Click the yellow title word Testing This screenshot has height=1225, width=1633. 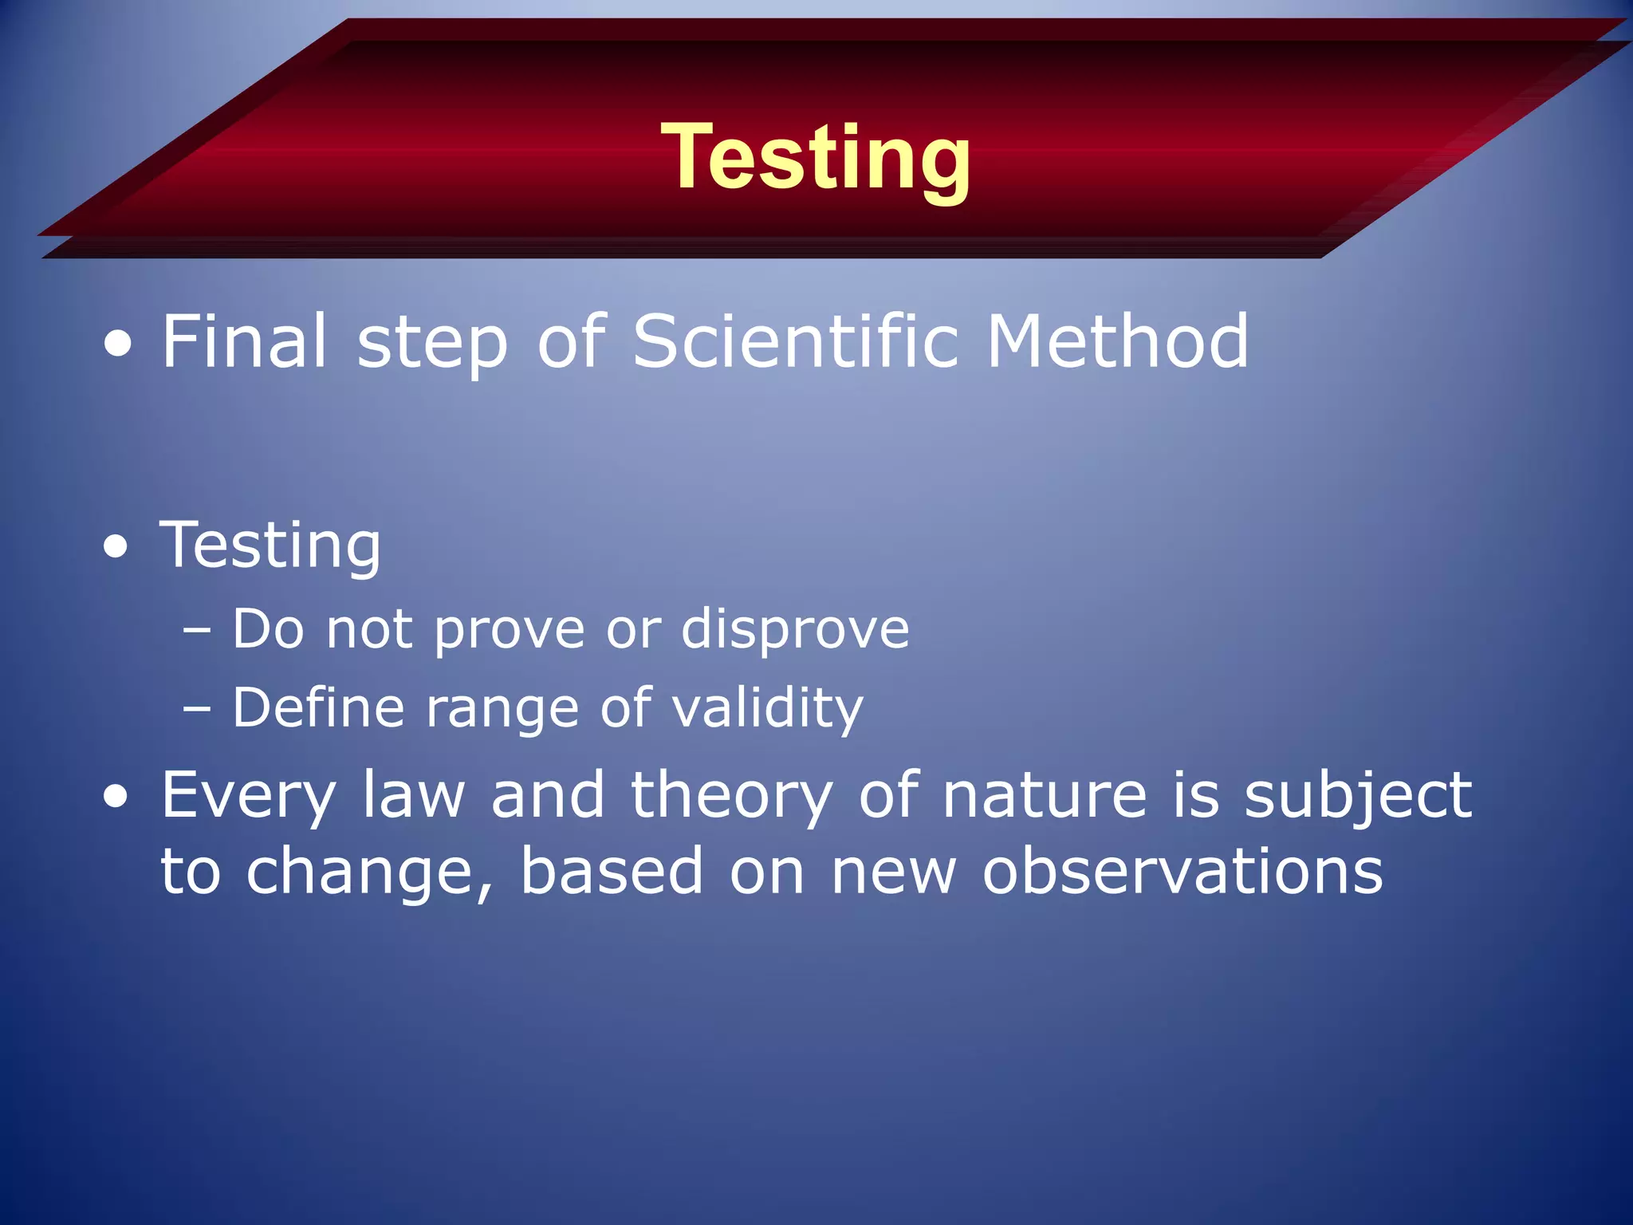(x=815, y=157)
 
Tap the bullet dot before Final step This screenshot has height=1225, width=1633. (x=118, y=345)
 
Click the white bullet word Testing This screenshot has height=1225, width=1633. (x=270, y=546)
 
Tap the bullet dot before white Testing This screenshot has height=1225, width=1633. (x=116, y=547)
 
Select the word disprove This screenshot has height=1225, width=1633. (x=794, y=630)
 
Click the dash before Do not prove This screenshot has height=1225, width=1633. (x=196, y=630)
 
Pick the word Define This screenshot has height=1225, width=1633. (x=318, y=707)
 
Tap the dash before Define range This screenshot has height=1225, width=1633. (x=196, y=708)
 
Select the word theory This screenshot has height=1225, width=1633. (x=731, y=797)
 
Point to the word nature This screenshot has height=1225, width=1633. (x=1044, y=795)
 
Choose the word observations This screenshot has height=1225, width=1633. (x=1182, y=872)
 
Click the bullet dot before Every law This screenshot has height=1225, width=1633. (x=116, y=796)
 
